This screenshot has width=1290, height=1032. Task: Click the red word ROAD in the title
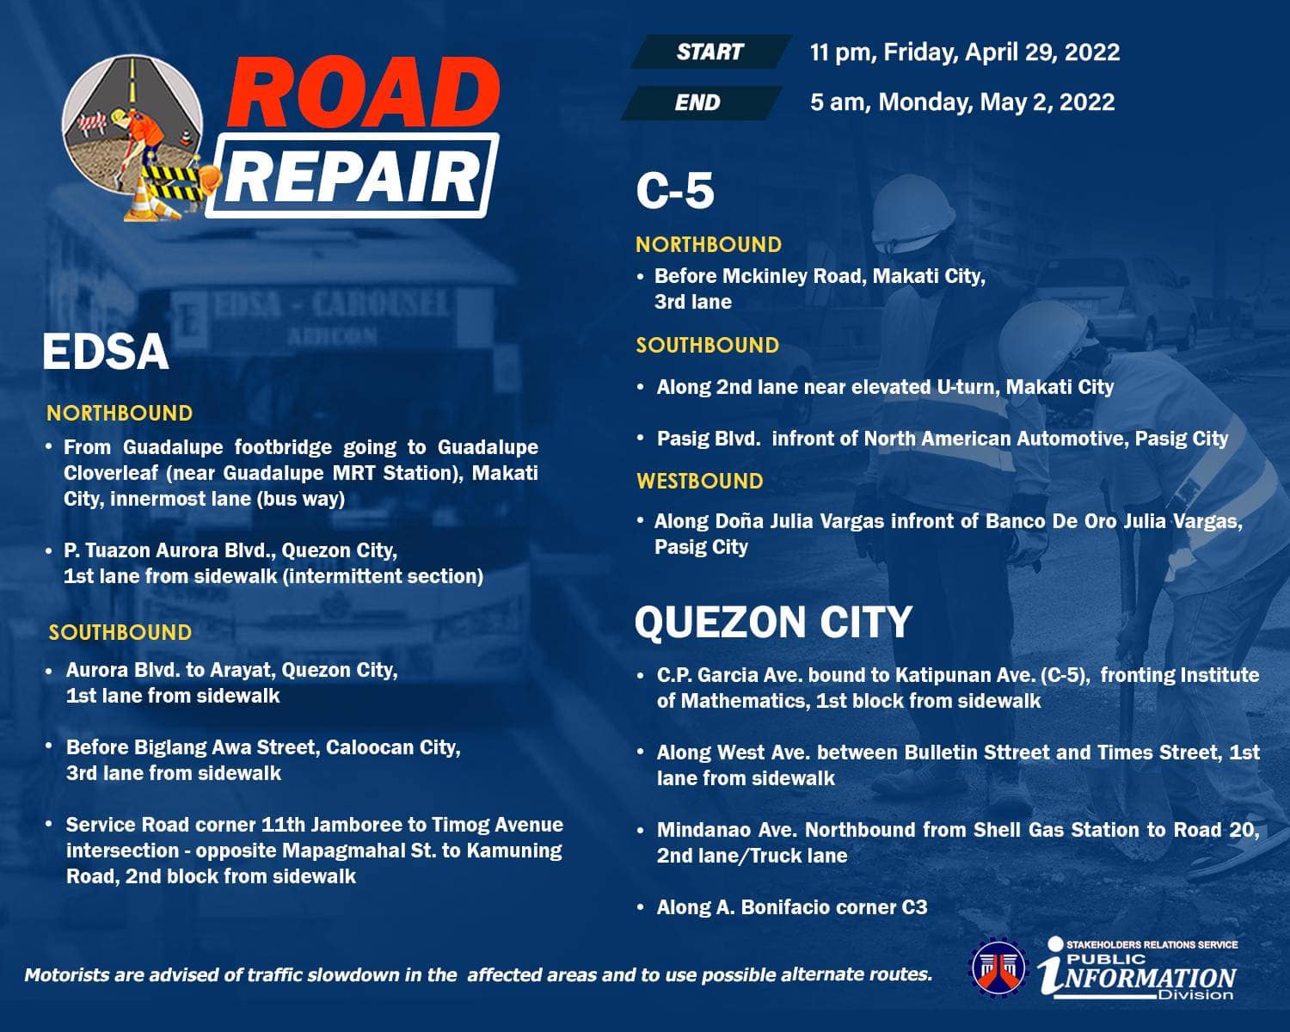(363, 92)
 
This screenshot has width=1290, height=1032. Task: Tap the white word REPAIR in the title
(353, 177)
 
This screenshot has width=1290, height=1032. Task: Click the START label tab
(710, 52)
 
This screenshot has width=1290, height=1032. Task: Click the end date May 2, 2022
(1047, 102)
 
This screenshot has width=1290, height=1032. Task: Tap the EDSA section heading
(106, 352)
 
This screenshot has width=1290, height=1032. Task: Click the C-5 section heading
(675, 191)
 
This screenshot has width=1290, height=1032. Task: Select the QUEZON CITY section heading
(773, 622)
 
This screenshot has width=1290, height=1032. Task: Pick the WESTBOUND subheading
(699, 481)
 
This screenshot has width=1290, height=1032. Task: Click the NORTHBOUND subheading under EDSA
(120, 413)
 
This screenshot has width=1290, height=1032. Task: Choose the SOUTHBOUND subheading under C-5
(707, 346)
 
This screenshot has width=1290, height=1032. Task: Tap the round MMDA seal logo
(998, 967)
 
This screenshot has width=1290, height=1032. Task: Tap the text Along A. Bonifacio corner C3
(792, 906)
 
